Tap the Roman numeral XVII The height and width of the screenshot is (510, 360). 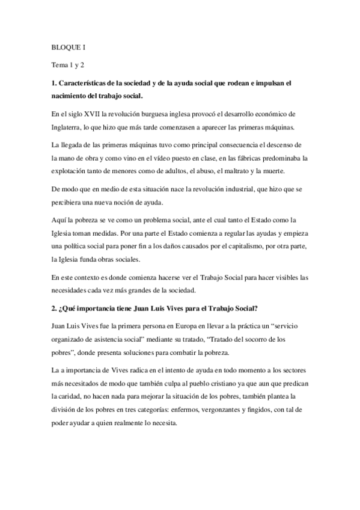pos(95,113)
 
